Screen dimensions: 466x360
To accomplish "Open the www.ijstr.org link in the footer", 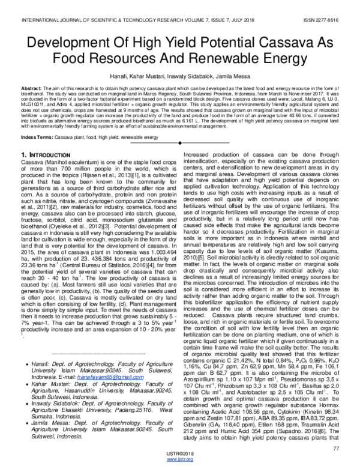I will point(180,459).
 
